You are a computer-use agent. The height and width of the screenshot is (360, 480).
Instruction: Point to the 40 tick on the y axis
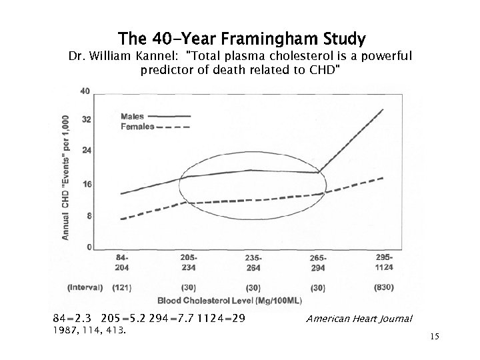[x=85, y=91]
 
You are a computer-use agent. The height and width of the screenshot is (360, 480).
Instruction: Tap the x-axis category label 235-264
[x=253, y=262]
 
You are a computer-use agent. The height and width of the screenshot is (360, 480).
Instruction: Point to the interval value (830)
[x=384, y=288]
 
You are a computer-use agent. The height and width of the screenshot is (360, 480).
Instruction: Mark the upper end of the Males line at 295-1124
[x=383, y=109]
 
